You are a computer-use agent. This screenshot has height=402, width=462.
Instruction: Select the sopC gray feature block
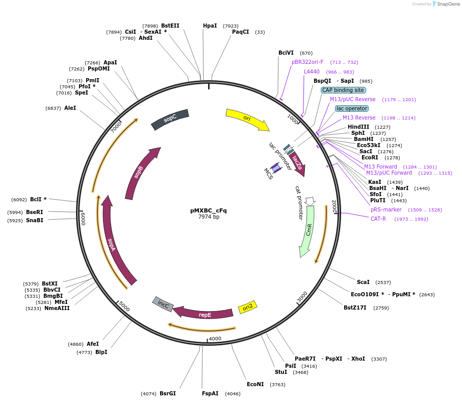(x=170, y=119)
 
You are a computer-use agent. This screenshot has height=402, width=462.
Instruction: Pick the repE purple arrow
(x=204, y=314)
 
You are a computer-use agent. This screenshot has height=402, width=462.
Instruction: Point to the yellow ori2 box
(x=248, y=308)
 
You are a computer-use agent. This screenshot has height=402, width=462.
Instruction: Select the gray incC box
(x=163, y=304)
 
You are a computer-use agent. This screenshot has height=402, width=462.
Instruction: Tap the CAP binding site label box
(x=343, y=90)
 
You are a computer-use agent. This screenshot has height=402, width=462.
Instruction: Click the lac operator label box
(x=352, y=108)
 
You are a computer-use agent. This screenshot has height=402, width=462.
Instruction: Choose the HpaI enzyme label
(x=210, y=26)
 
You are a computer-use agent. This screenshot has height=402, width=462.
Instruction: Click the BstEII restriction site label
(x=170, y=26)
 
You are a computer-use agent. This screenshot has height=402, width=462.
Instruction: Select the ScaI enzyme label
(x=363, y=282)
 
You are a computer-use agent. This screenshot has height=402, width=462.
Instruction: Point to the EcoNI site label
(x=255, y=384)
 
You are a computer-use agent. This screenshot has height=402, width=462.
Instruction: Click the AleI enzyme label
(x=70, y=108)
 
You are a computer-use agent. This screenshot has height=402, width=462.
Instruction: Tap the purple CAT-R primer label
(x=378, y=219)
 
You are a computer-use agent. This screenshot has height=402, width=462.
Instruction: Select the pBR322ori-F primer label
(x=307, y=62)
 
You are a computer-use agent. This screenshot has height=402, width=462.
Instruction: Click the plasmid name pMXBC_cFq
(x=209, y=210)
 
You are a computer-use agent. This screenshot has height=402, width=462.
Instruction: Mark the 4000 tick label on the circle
(x=215, y=339)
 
